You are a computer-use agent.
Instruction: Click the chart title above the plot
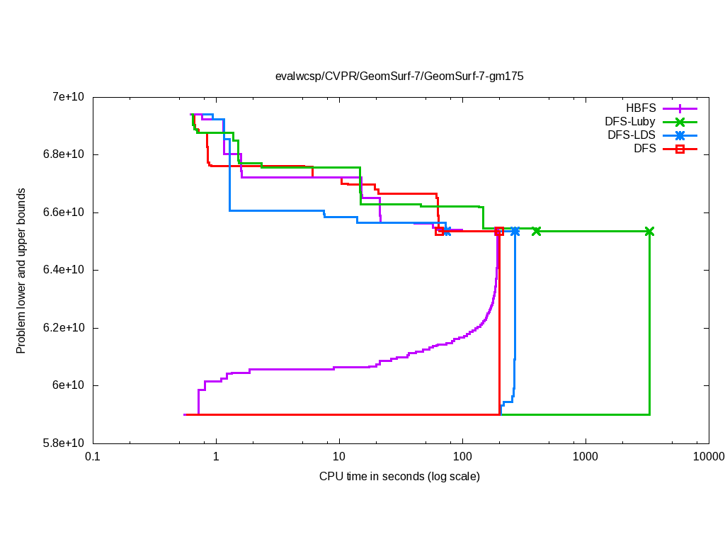(399, 76)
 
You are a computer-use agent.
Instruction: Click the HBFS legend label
(641, 108)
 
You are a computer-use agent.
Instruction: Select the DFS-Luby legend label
(629, 122)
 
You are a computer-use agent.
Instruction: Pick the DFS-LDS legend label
(632, 135)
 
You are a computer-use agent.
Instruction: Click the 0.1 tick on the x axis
(92, 458)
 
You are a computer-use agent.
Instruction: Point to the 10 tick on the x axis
(339, 458)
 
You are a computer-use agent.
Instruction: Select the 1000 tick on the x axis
(586, 458)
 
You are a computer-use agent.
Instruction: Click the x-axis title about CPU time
(399, 476)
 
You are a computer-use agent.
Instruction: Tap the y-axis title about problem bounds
(22, 271)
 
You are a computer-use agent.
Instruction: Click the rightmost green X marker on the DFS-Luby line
(649, 232)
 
